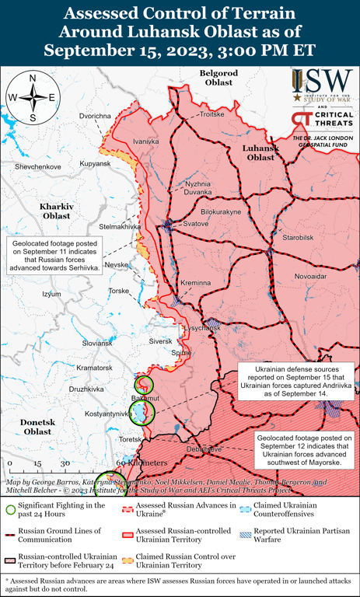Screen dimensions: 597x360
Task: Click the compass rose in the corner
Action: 33,97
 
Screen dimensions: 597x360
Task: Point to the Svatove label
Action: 196,224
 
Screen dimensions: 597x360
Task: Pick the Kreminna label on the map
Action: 195,283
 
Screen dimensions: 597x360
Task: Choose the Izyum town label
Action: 51,294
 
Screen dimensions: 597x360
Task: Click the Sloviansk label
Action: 97,343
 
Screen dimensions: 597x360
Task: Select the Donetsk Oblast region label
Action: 37,426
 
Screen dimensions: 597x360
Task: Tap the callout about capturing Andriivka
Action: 295,380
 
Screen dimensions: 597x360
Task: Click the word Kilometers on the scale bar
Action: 142,464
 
